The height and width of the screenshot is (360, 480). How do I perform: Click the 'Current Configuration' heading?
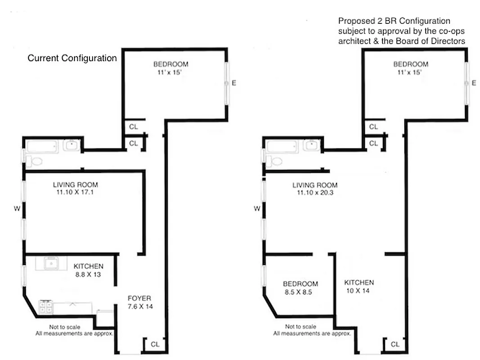(x=72, y=58)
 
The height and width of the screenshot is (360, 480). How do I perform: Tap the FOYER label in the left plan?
(x=139, y=298)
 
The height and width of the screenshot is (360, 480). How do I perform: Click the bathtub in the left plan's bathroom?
(x=42, y=146)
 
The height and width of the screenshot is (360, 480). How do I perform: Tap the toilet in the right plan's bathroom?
(x=276, y=161)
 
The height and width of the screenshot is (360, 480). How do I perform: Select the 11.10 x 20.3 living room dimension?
(x=314, y=193)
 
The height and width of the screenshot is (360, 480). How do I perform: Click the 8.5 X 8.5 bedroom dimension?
(x=300, y=292)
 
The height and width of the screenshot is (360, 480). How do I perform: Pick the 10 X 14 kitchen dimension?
(x=359, y=291)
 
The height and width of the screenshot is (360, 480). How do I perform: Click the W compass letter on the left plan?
(x=17, y=208)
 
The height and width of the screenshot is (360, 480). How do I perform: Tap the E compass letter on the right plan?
(x=474, y=83)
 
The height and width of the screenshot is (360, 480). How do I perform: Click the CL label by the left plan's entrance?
(x=155, y=344)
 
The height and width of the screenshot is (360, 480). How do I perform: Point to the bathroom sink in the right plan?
(x=311, y=145)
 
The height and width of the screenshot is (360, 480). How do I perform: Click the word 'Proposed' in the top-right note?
(x=354, y=21)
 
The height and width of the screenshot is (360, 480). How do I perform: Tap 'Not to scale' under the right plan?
(x=300, y=327)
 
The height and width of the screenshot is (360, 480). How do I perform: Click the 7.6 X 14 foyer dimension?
(x=139, y=306)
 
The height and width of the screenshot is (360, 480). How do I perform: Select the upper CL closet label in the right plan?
(x=373, y=127)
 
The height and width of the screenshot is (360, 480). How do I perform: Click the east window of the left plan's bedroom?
(x=228, y=83)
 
